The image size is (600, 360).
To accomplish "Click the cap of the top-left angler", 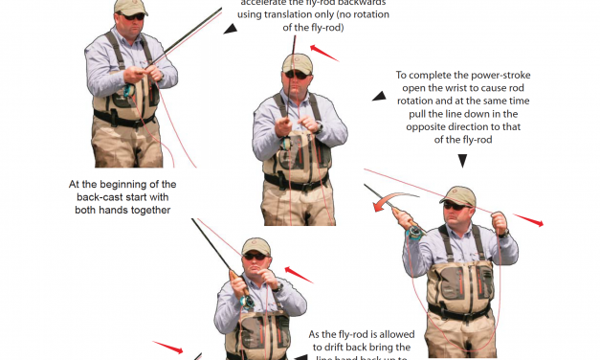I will (130, 7).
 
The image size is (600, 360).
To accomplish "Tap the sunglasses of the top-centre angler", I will (298, 74).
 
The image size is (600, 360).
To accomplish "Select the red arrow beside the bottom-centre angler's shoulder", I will (299, 277).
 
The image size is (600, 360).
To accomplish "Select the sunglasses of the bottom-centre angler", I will (255, 256).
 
